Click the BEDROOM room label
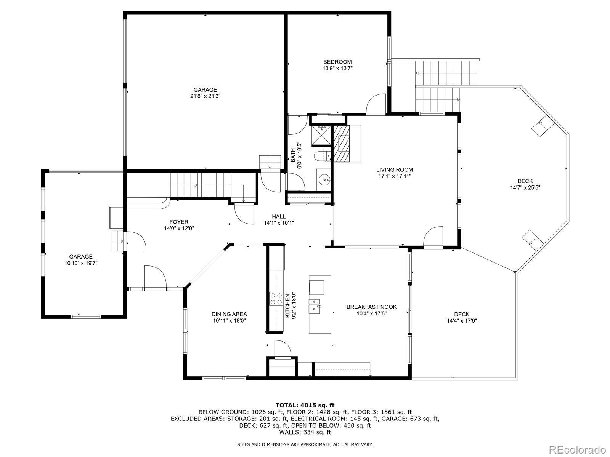click(337, 62)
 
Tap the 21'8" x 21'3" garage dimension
click(205, 96)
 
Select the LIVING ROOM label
click(395, 169)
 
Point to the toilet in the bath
click(322, 156)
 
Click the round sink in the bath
click(324, 180)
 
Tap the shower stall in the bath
click(321, 135)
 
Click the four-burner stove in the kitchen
click(276, 299)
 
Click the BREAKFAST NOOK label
click(371, 307)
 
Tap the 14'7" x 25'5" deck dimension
click(525, 188)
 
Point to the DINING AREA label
click(229, 314)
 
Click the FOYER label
click(179, 222)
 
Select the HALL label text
click(279, 216)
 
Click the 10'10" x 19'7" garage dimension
click(81, 263)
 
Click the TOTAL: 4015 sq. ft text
click(305, 405)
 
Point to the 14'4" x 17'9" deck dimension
click(462, 321)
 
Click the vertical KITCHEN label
click(287, 306)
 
